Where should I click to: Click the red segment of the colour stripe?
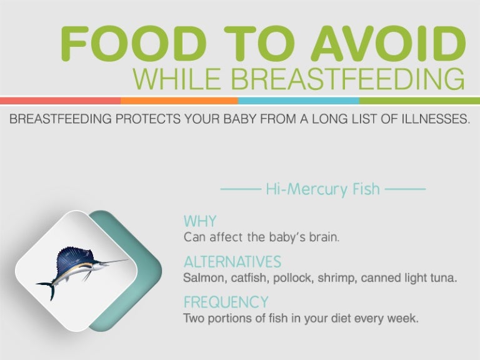tap(60, 101)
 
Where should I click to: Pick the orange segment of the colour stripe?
tap(179, 101)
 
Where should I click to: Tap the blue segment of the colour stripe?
tap(298, 101)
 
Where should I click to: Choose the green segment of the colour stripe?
tap(419, 101)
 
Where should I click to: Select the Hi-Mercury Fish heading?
tap(322, 189)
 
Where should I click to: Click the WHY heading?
tap(200, 221)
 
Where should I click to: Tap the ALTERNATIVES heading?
tap(232, 261)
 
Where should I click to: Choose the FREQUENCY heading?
tap(226, 302)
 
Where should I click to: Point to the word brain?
tap(324, 237)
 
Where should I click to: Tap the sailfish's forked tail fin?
tap(47, 288)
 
